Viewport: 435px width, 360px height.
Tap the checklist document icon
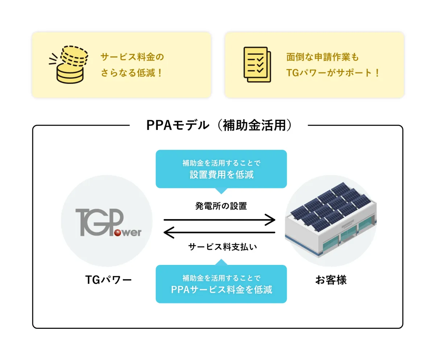[257, 65]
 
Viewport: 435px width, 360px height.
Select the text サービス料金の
[132, 57]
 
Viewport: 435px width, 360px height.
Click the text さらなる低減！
[132, 73]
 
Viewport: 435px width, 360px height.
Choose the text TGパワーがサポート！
[332, 73]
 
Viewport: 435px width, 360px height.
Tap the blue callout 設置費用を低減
[221, 169]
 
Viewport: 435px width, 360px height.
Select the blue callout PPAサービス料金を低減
[221, 284]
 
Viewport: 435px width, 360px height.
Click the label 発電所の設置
[221, 206]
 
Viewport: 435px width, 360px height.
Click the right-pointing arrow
[220, 220]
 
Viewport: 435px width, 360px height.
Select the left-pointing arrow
[220, 232]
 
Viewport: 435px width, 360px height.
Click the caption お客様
[331, 280]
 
